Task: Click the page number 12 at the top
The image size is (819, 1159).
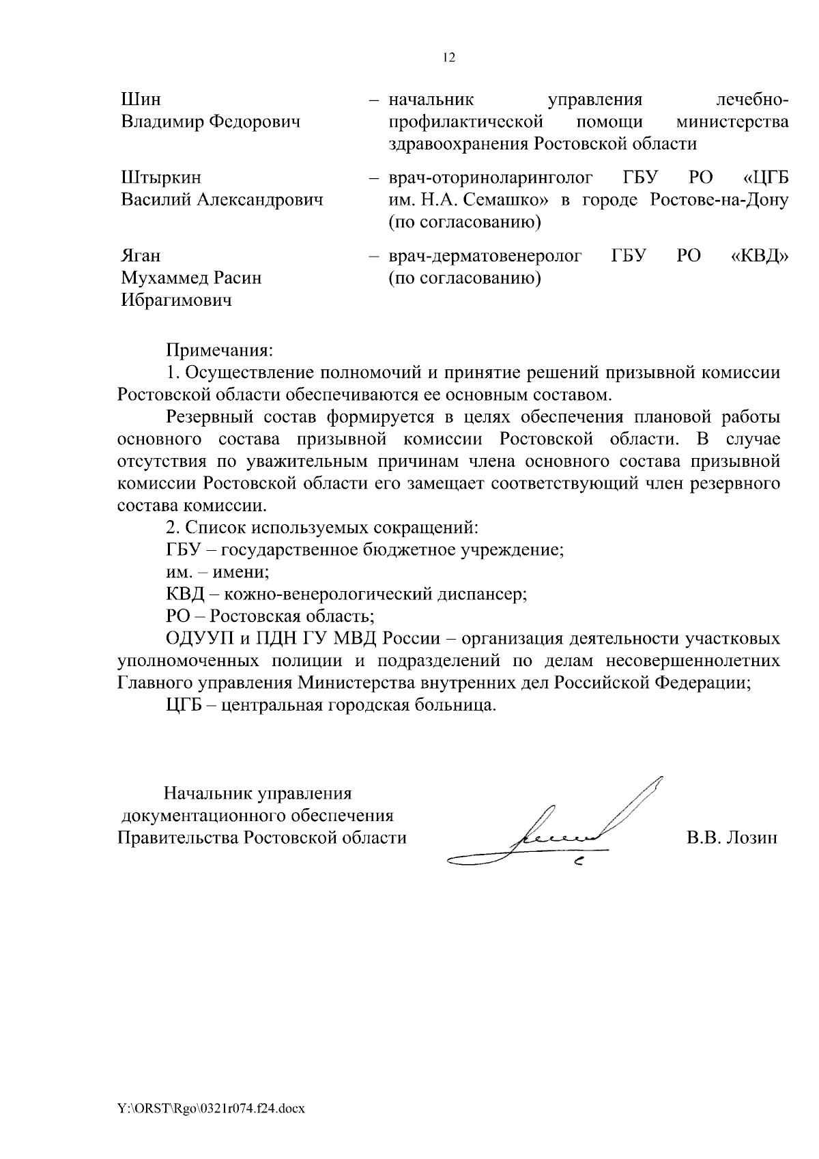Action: click(x=448, y=58)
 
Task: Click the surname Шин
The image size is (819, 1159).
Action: click(x=141, y=100)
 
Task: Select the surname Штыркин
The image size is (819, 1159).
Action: click(x=161, y=178)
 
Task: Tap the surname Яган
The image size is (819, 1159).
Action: click(x=141, y=256)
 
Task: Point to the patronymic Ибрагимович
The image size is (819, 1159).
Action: click(x=176, y=300)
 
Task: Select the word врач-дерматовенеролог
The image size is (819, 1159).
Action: click(x=485, y=257)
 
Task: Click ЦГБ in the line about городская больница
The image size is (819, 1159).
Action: click(x=182, y=705)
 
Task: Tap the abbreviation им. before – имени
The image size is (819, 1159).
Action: click(x=178, y=572)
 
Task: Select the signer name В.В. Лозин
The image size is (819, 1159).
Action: click(x=732, y=838)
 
